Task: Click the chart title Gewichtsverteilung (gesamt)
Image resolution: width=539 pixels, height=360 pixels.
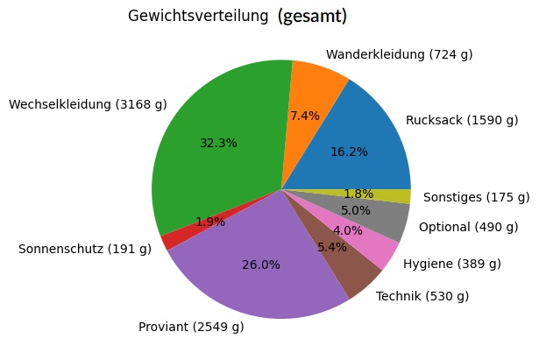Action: (238, 17)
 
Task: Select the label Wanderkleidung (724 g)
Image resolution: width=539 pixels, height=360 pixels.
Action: (399, 55)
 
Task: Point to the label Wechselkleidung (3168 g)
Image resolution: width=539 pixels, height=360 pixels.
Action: (88, 105)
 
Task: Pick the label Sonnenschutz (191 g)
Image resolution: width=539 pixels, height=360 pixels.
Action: (85, 249)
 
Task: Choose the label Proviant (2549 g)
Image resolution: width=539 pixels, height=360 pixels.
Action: (191, 328)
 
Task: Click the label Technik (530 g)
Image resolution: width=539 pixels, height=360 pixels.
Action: (422, 296)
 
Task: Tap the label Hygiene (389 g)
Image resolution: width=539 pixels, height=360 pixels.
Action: (451, 264)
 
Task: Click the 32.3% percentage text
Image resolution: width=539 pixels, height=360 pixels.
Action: (218, 143)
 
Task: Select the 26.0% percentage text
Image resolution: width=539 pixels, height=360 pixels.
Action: (260, 265)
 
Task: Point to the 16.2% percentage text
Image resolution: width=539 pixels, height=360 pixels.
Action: (349, 152)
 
